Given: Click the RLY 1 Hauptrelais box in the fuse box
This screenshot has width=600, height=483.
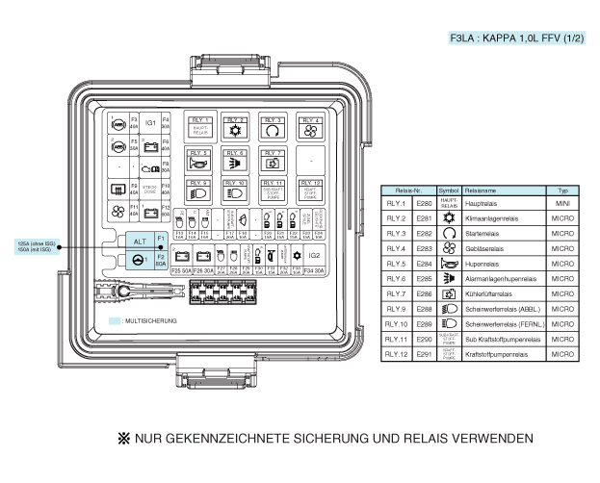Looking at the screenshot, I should coord(201,126).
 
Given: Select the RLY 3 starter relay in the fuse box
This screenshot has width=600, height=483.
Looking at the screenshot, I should coord(274,126).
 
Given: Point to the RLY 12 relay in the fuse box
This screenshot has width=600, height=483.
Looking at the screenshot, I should coord(310,189).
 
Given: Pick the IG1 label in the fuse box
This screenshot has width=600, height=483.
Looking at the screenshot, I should coord(150,124).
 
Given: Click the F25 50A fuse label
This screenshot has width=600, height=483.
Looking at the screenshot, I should coord(180,271).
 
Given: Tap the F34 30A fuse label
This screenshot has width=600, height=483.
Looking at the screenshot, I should coord(313,271).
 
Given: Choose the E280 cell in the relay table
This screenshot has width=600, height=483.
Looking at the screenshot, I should coord(423,204).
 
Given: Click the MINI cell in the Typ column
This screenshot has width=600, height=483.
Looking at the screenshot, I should coord(562,204).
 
